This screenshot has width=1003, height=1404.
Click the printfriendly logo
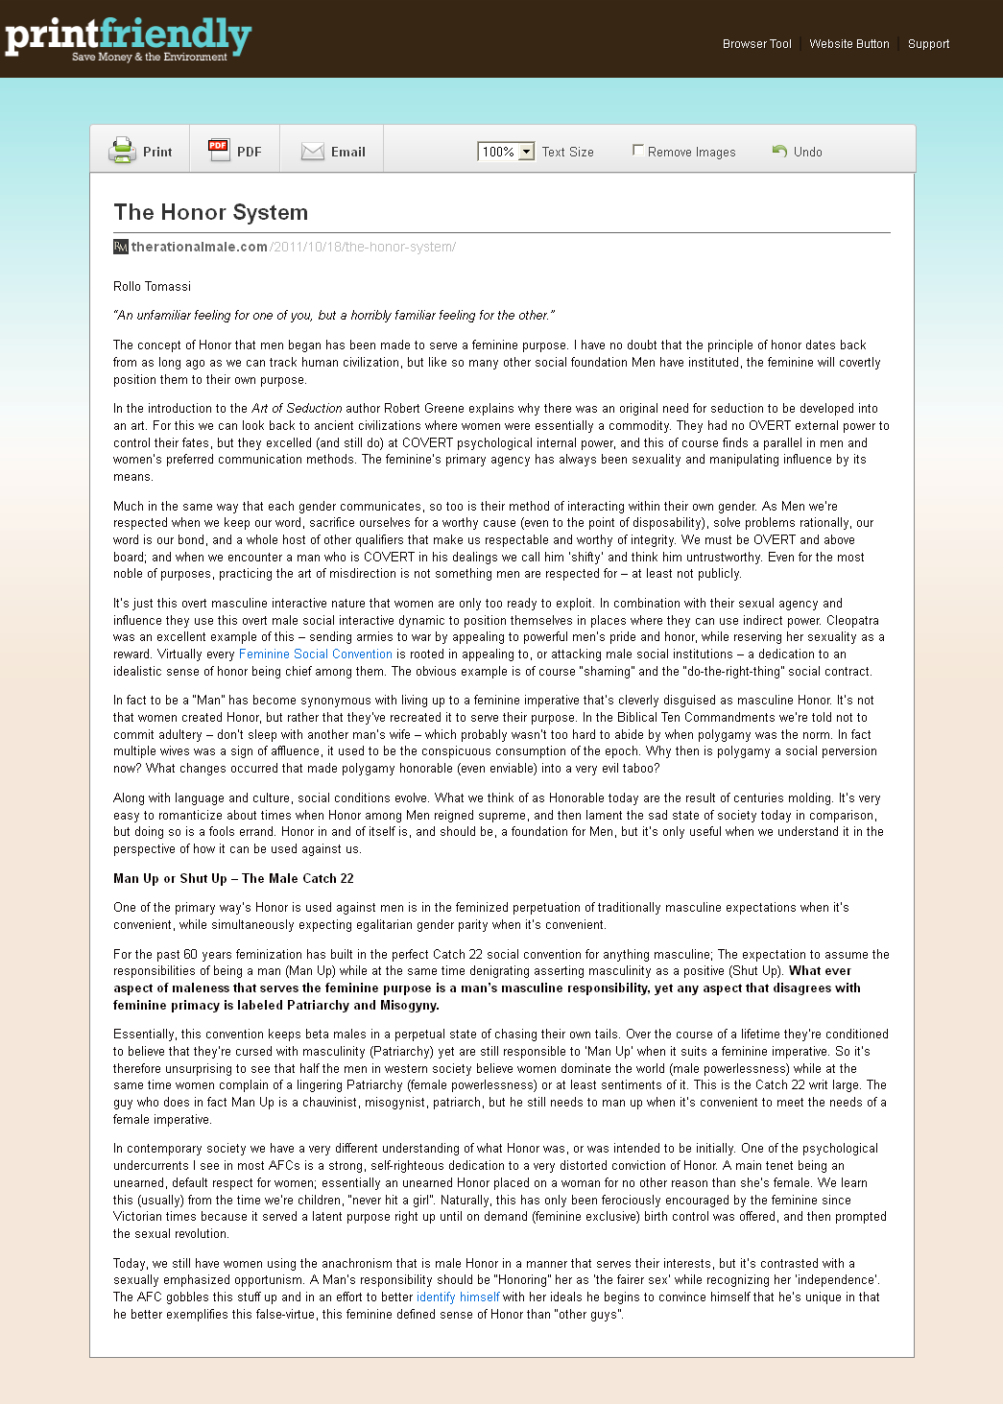tap(128, 37)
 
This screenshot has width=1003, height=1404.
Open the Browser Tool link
tap(756, 44)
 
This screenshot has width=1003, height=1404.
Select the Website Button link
tap(848, 44)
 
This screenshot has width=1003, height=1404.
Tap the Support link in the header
tap(928, 44)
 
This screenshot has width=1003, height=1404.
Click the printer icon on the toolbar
tap(123, 151)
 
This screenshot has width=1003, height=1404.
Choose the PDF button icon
tap(219, 150)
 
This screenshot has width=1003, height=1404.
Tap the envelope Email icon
tap(313, 152)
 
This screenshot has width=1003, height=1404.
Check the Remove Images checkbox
tap(638, 150)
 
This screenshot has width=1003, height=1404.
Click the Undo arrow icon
tap(779, 151)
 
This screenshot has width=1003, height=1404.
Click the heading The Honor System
tap(210, 212)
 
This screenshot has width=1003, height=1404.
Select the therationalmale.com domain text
tap(200, 247)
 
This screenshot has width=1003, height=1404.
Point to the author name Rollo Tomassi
tap(152, 287)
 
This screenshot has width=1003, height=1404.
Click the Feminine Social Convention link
tap(315, 654)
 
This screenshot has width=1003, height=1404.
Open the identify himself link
tap(458, 1297)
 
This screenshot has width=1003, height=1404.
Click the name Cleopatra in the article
tap(852, 621)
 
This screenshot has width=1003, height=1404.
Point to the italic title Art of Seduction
tap(297, 409)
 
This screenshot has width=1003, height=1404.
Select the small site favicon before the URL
tap(121, 247)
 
